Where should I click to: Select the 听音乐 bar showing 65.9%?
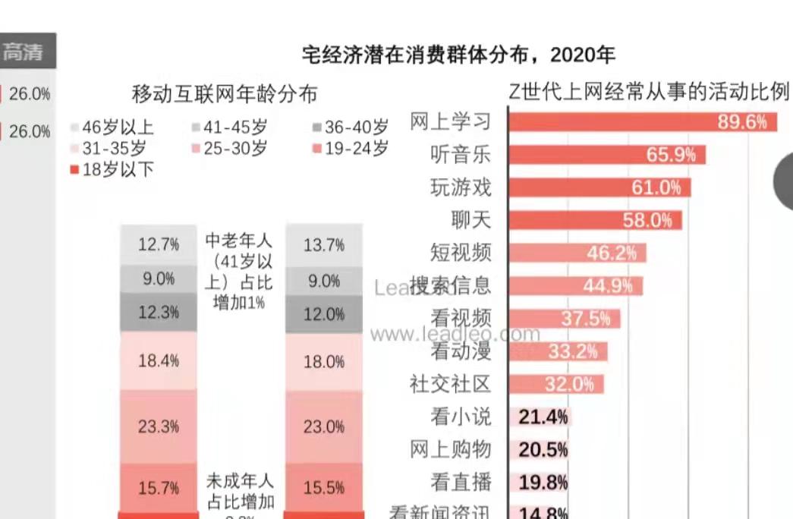(607, 155)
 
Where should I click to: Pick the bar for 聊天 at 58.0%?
(595, 220)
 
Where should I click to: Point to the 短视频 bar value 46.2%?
(611, 253)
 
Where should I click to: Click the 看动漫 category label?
(461, 351)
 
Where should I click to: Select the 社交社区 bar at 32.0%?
(556, 384)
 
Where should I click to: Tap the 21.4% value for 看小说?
(543, 417)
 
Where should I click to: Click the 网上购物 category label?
(451, 449)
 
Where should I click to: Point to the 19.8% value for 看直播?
(543, 482)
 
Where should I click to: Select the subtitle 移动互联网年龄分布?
(225, 94)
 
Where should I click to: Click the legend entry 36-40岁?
(351, 127)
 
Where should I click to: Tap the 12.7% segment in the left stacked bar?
(159, 245)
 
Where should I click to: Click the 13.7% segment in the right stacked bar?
(324, 245)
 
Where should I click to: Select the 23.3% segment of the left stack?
(159, 426)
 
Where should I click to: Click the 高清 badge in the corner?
(26, 52)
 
